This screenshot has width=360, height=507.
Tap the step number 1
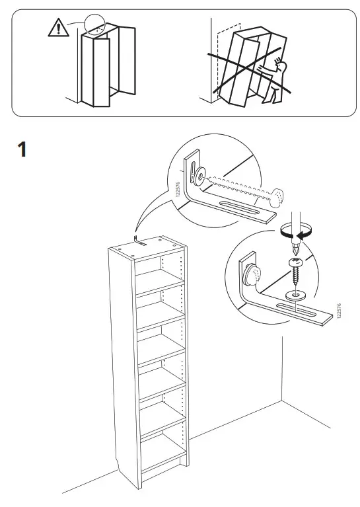[22, 150]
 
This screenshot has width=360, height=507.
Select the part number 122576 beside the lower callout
[338, 312]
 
